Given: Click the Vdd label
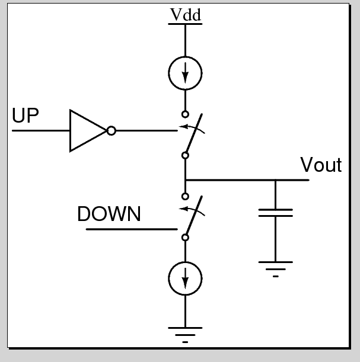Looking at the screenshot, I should click(x=186, y=15).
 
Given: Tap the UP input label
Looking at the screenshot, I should click(x=26, y=116).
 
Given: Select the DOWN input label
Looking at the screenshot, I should click(x=109, y=214).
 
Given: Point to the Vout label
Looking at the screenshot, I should click(x=321, y=165).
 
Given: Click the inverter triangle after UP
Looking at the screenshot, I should click(x=86, y=130).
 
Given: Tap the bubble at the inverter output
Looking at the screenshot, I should click(x=111, y=130).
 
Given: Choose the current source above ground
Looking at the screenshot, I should click(x=186, y=277).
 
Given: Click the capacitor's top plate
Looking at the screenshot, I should click(x=276, y=209).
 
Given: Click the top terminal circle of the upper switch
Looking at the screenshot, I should click(x=186, y=114).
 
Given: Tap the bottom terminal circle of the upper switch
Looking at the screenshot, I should click(x=186, y=155).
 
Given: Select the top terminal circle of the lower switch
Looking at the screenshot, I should click(x=186, y=196).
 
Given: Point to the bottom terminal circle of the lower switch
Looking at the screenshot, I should click(x=186, y=237).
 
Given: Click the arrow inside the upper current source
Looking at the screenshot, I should click(x=186, y=74).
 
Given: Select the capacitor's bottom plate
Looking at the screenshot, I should click(x=276, y=216).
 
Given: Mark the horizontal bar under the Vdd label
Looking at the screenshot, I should click(x=186, y=24).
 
